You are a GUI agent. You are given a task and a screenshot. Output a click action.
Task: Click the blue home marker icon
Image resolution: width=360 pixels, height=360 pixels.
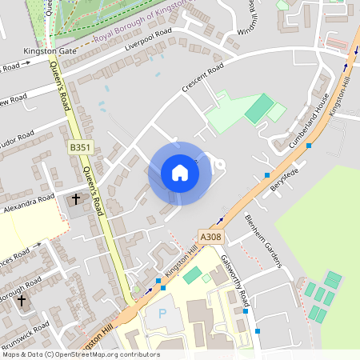[x=180, y=173]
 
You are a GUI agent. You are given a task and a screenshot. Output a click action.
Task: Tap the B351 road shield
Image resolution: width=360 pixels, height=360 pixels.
[x=80, y=147]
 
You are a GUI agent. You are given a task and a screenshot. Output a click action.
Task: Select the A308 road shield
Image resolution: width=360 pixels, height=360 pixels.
[x=210, y=237]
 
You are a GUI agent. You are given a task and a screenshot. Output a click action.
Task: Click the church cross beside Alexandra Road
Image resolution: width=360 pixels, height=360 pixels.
[x=77, y=198]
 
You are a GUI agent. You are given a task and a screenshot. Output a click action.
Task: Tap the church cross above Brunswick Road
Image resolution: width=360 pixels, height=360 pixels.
[x=22, y=302]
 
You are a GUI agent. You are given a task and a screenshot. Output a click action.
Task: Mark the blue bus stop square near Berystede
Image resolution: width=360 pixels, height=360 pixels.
[x=267, y=175]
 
